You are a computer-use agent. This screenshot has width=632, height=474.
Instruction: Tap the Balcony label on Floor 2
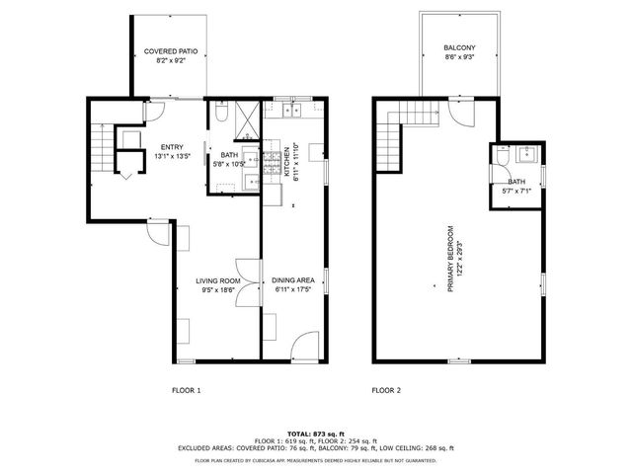click(458, 52)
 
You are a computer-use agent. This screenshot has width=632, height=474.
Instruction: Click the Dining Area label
click(292, 284)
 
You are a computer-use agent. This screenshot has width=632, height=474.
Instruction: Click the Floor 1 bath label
click(229, 159)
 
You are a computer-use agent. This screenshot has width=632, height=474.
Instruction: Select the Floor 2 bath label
click(516, 187)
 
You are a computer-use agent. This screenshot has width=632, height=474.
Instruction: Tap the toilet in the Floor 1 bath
click(223, 117)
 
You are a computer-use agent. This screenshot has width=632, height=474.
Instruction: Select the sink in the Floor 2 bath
click(525, 154)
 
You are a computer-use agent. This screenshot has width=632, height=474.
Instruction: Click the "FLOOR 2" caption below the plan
click(386, 391)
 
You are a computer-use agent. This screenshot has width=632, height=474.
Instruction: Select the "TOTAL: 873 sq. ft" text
click(315, 434)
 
